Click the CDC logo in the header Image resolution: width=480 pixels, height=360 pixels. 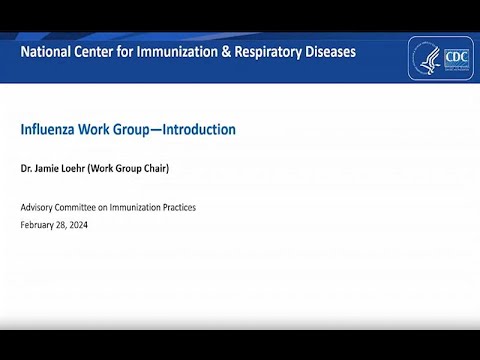440,58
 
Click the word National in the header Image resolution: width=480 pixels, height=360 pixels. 49,51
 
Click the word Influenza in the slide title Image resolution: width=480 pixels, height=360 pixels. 49,130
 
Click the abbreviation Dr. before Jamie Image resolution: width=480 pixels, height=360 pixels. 26,169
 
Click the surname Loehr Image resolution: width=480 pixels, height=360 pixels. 84,169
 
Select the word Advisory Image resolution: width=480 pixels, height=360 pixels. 39,207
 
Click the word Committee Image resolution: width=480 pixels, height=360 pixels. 86,207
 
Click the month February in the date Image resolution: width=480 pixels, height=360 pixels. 39,225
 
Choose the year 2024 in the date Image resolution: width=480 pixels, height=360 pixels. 90,225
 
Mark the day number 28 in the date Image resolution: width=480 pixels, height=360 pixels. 68,225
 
